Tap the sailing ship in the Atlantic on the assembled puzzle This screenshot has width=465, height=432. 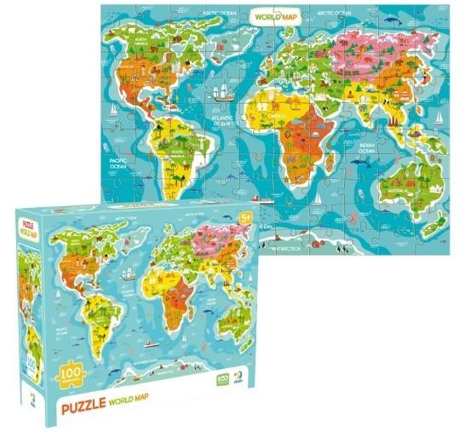point(223,92)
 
